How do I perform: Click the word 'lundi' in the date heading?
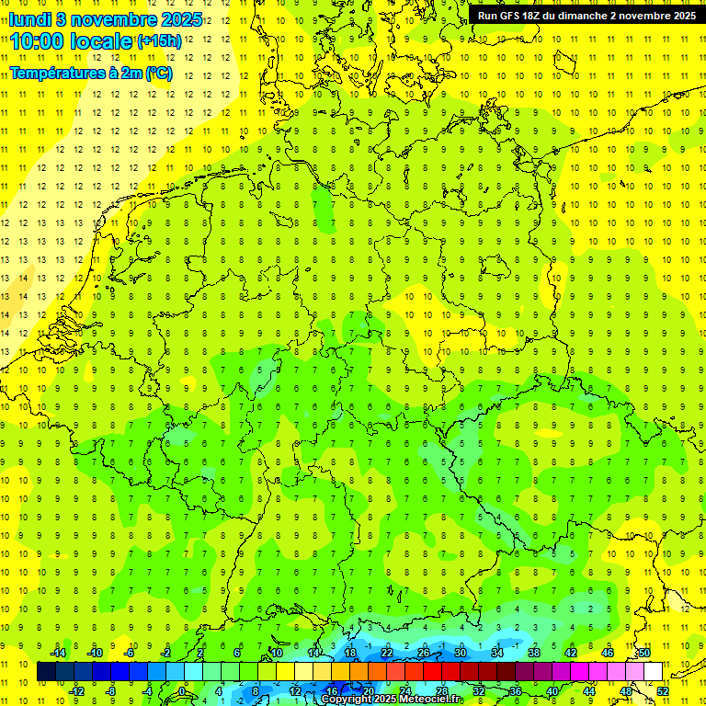coord(30,19)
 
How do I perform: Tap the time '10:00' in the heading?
coord(37,40)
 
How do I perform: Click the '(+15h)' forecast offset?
coord(159,41)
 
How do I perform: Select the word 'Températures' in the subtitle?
coord(56,73)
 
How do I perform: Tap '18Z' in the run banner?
coord(540,16)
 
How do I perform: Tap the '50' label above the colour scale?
coord(644,653)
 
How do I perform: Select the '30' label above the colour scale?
coord(461,653)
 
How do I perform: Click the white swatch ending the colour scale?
coord(654,672)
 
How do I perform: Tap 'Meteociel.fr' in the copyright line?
coord(431,700)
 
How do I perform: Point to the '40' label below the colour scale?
coord(552,690)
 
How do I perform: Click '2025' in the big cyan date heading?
coord(182,19)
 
